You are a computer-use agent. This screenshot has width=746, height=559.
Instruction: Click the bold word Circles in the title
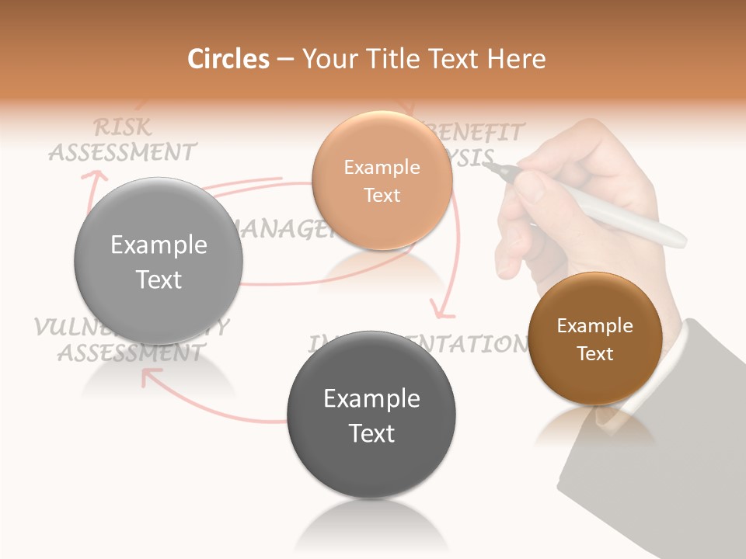[228, 59]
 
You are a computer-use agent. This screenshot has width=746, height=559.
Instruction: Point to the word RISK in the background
[122, 127]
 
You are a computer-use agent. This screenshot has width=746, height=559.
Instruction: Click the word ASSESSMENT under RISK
[122, 151]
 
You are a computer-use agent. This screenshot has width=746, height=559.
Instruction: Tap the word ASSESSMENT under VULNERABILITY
[130, 353]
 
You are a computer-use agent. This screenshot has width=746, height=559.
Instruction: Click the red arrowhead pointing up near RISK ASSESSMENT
[96, 178]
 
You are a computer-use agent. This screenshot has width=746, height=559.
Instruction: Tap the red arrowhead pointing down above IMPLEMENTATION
[444, 312]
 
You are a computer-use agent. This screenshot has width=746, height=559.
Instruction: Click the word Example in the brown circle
[594, 326]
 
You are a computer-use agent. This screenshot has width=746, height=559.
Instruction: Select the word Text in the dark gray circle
[371, 433]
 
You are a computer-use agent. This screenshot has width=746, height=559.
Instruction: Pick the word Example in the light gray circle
[159, 245]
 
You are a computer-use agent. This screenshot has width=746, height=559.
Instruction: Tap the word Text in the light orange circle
[382, 195]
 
